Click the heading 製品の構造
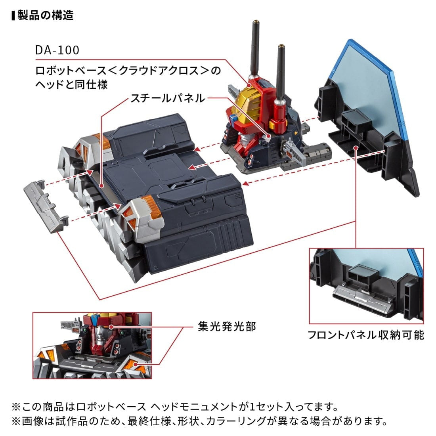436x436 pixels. point(46,16)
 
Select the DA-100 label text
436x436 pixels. point(57,50)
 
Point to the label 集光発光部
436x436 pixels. point(227,326)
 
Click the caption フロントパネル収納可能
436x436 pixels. point(366,335)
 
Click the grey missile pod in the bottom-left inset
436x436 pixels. point(68,325)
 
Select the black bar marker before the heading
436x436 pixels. point(13,16)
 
